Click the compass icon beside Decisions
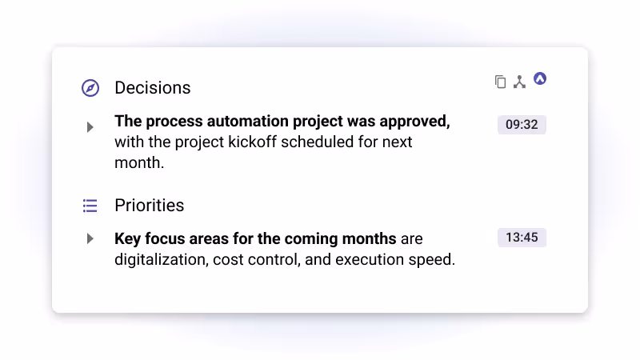pyautogui.click(x=90, y=88)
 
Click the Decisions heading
pyautogui.click(x=152, y=88)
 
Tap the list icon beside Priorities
pyautogui.click(x=90, y=206)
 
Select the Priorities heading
pyautogui.click(x=149, y=206)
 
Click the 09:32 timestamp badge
pyautogui.click(x=522, y=125)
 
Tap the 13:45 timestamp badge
pyautogui.click(x=522, y=238)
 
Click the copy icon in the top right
pyautogui.click(x=500, y=82)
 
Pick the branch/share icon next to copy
pyautogui.click(x=519, y=82)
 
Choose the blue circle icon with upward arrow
pyautogui.click(x=540, y=78)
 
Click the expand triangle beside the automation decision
pyautogui.click(x=90, y=126)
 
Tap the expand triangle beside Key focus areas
pyautogui.click(x=90, y=238)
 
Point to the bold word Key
pyautogui.click(x=128, y=238)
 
